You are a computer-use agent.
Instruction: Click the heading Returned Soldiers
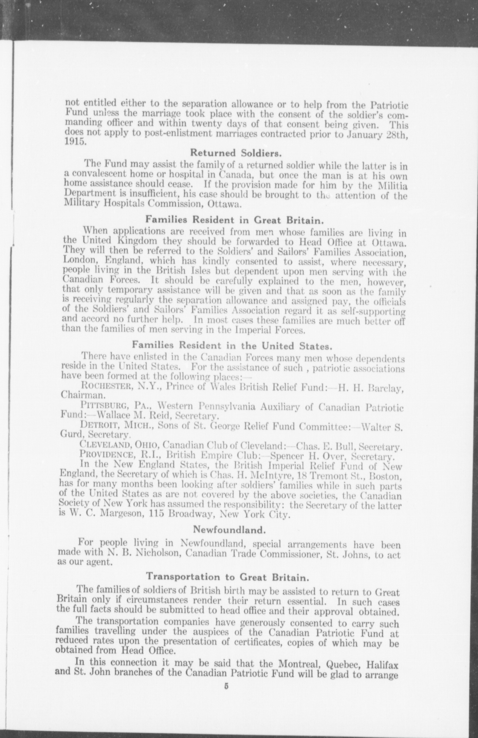click(236, 153)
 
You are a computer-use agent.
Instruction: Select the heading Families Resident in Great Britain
click(234, 220)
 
